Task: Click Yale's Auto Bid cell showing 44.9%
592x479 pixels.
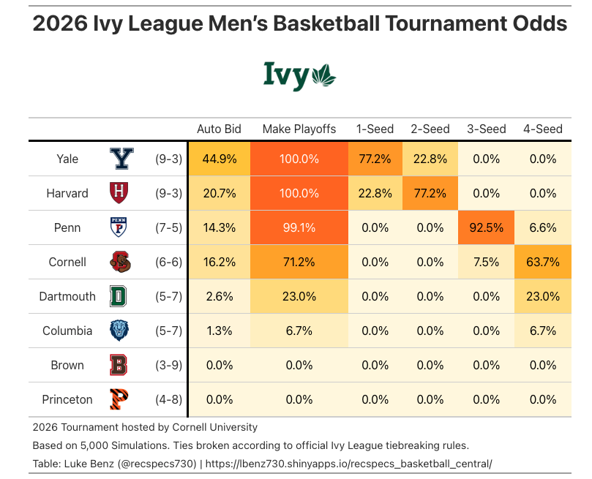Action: (219, 159)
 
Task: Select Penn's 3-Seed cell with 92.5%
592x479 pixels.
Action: (486, 227)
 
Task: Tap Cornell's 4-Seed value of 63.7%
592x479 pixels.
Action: (542, 262)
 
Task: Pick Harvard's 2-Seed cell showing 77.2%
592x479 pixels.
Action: (430, 193)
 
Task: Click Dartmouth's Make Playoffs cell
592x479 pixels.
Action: (299, 296)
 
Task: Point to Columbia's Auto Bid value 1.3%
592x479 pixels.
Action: (219, 331)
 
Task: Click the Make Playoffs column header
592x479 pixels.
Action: (299, 129)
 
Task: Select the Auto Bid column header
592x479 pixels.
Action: (219, 129)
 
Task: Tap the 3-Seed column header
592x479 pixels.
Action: (487, 129)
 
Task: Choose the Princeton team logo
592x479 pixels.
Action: (120, 399)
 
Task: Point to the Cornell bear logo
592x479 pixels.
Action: (120, 262)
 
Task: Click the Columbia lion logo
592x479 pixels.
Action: (120, 331)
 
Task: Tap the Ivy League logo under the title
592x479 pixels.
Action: (299, 75)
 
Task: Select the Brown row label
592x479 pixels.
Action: (67, 365)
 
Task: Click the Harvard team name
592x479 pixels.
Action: (67, 193)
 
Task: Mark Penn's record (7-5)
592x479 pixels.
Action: (168, 227)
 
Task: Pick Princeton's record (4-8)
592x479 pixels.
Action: (168, 399)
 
